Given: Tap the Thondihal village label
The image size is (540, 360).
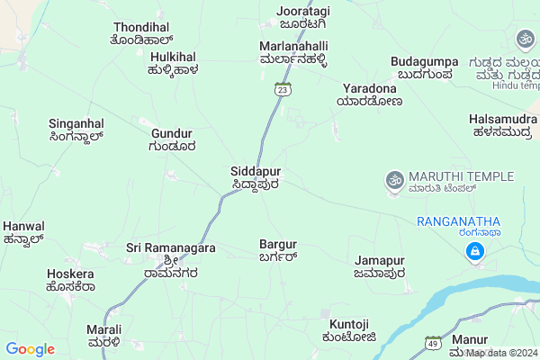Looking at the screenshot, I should [x=141, y=34].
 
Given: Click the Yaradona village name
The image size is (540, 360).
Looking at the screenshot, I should [x=372, y=94].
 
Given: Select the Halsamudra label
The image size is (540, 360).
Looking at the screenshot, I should [x=504, y=125].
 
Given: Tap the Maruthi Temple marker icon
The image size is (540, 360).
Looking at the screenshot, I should [x=392, y=181].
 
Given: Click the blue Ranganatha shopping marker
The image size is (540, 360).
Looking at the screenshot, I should [x=472, y=254].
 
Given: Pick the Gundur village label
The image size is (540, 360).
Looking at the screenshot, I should [x=173, y=139].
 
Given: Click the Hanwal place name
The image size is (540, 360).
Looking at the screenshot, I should [x=23, y=232].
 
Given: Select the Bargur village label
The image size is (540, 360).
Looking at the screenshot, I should [x=277, y=250].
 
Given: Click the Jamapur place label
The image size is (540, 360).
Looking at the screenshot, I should [x=379, y=266].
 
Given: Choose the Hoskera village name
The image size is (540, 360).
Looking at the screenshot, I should [x=70, y=280].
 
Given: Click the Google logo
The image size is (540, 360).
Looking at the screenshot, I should [x=30, y=349].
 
